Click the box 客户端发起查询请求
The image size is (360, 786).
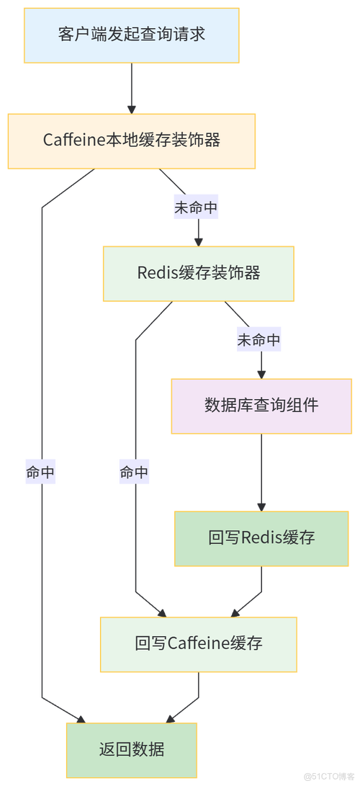tap(131, 34)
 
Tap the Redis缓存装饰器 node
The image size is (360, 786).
tap(198, 273)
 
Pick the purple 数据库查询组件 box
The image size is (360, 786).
tap(261, 405)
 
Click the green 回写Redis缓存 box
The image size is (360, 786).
tap(261, 538)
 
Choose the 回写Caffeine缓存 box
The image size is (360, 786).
tap(198, 643)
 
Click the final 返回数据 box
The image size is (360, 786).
tap(131, 749)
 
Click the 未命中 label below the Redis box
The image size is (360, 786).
tap(259, 340)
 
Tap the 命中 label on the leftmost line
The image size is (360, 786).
tap(41, 473)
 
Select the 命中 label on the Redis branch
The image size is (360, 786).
tap(134, 473)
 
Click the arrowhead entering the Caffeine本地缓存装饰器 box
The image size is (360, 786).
tap(131, 108)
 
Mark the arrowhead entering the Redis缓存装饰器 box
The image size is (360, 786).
tap(199, 241)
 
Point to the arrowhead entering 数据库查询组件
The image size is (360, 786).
tap(261, 373)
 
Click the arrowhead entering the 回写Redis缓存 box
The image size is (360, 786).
tap(261, 506)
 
